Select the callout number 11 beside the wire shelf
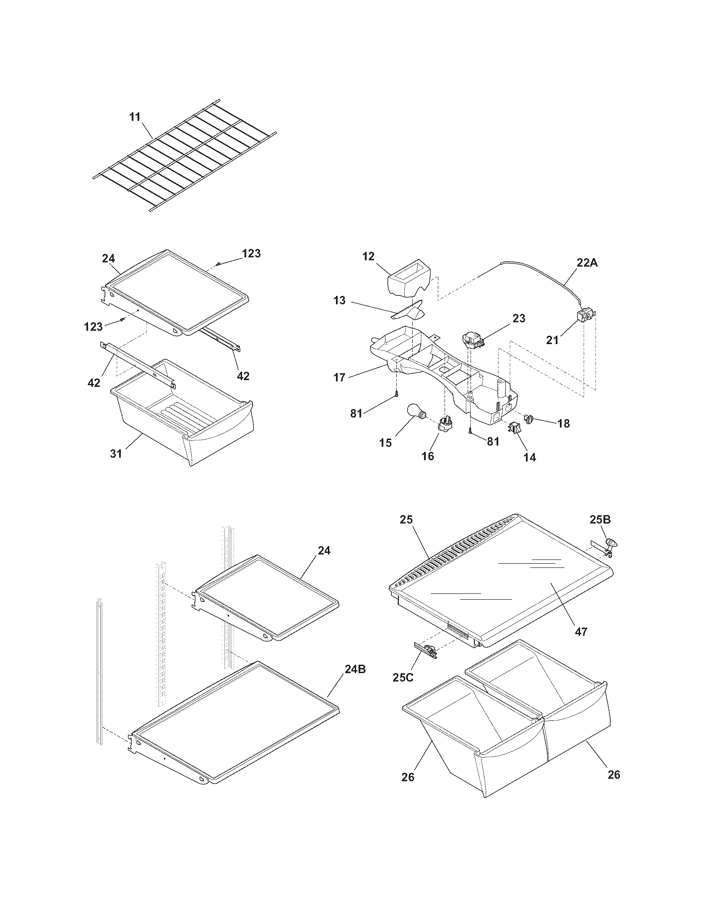coord(135,117)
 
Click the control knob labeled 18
coord(529,419)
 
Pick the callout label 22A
coord(588,263)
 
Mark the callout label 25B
coord(600,520)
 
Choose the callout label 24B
coord(355,669)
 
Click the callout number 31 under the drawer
coord(116,454)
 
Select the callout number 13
coord(339,300)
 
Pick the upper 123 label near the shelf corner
coord(251,254)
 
